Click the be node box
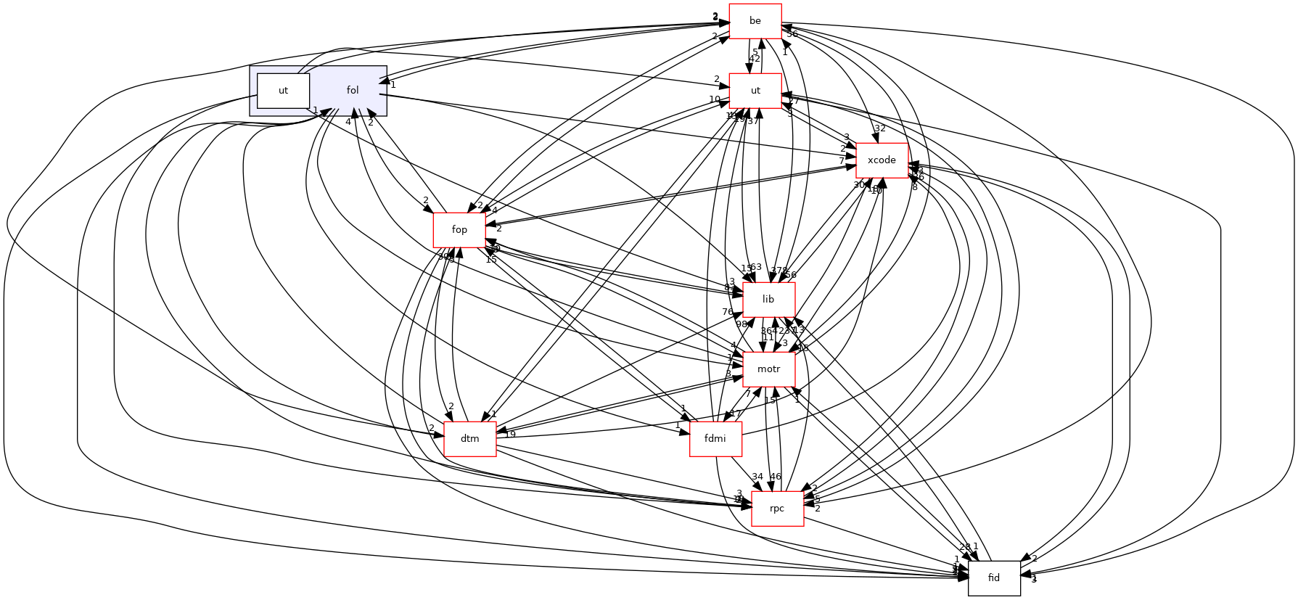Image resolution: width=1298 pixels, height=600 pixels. click(755, 21)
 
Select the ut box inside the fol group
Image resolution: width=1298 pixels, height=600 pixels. click(283, 91)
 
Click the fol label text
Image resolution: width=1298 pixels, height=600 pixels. click(353, 91)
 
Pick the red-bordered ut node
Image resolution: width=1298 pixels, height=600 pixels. click(755, 91)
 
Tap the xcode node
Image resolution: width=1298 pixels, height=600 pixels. click(882, 160)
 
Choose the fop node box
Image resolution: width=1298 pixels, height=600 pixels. click(459, 230)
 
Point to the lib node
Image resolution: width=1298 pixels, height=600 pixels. click(768, 300)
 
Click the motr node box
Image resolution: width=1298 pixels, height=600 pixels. click(768, 369)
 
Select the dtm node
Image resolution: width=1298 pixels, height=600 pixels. click(470, 439)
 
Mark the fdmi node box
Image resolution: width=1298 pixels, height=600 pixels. click(715, 439)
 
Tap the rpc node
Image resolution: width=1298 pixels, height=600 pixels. click(777, 509)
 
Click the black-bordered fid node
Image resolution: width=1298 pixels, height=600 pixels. click(994, 578)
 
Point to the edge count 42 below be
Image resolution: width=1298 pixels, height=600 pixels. click(755, 59)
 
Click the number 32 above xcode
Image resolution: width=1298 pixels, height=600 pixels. click(880, 128)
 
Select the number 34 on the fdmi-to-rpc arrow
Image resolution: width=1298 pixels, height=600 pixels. click(757, 477)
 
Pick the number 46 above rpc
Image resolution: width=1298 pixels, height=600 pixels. click(776, 477)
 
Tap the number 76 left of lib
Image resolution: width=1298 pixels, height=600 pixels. click(727, 312)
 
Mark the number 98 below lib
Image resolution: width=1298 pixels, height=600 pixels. click(742, 324)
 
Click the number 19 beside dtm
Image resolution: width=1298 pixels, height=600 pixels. click(510, 435)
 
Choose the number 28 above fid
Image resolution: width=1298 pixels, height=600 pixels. click(964, 547)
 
